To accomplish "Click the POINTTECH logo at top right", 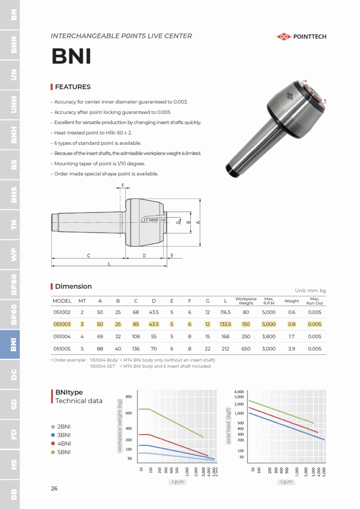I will [301, 36].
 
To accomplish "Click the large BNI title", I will [72, 57].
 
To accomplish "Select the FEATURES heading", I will [73, 87].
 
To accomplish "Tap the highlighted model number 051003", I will [62, 324].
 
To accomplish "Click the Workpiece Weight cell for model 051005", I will [246, 348].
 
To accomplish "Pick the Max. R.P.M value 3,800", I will [269, 337].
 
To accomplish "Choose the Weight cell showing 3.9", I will [292, 348].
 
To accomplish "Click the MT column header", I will [82, 301].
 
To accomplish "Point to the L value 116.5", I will [225, 312].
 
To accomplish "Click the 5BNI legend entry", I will [64, 452].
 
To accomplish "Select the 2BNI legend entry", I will [64, 426].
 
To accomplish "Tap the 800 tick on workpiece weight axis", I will [129, 397].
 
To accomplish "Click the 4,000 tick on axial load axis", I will [239, 392].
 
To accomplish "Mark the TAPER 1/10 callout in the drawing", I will [157, 220].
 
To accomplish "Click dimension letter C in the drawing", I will [88, 255].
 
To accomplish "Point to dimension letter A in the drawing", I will [198, 222].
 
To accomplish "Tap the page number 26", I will [54, 488].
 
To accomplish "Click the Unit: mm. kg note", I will [310, 291].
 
